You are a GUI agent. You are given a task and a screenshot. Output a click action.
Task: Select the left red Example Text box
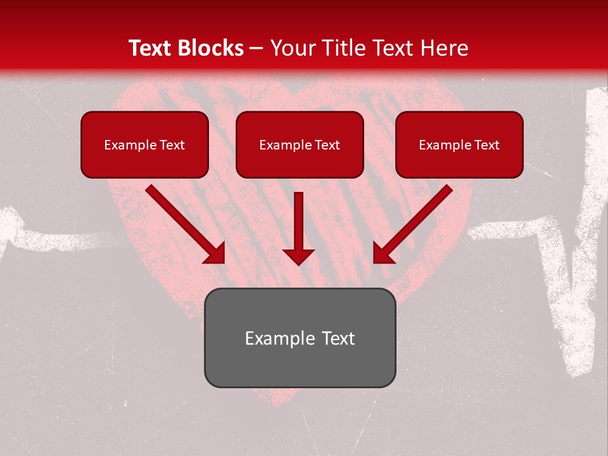pyautogui.click(x=144, y=144)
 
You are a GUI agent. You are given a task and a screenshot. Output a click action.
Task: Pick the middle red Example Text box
pyautogui.click(x=300, y=144)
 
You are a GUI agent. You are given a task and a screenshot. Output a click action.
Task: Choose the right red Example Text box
pyautogui.click(x=459, y=144)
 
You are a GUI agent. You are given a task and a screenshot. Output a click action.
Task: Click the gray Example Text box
pyautogui.click(x=300, y=338)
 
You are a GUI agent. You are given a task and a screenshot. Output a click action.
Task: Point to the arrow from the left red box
pyautogui.click(x=184, y=223)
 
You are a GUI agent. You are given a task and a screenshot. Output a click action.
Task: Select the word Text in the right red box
pyautogui.click(x=486, y=145)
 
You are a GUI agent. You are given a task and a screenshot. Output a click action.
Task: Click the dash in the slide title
pyautogui.click(x=257, y=49)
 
